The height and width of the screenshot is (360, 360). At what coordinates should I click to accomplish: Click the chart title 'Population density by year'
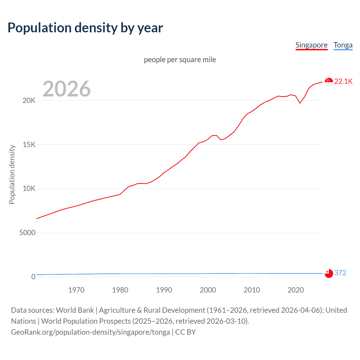85,28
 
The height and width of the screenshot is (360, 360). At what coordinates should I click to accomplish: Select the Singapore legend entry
311,45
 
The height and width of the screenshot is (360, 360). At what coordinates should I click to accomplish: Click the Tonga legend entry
343,45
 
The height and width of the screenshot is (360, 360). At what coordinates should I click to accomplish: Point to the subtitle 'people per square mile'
180,60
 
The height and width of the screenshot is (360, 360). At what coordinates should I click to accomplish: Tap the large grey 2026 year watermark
67,89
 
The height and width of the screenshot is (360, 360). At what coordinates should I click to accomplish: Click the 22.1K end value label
343,81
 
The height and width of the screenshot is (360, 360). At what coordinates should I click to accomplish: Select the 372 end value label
340,273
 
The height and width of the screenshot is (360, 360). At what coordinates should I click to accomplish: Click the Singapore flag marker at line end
329,82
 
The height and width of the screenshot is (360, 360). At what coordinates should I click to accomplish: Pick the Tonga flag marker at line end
329,273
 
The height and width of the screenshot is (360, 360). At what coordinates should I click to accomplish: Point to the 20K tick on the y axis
29,100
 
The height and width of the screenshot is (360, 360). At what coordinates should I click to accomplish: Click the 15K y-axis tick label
29,145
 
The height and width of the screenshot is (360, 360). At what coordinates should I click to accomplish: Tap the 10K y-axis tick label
29,188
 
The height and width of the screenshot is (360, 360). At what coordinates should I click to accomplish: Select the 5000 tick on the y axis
27,233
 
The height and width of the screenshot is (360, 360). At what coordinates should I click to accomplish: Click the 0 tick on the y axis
33,277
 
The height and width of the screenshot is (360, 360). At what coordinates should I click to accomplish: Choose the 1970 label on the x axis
76,290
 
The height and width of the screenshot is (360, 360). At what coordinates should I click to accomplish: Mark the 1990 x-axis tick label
164,290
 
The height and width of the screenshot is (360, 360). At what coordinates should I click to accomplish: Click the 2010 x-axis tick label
252,290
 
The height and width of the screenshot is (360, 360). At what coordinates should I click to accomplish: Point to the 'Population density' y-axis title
12,174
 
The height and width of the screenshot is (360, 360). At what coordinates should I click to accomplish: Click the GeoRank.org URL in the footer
90,332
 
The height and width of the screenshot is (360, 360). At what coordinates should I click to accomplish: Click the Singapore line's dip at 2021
300,103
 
